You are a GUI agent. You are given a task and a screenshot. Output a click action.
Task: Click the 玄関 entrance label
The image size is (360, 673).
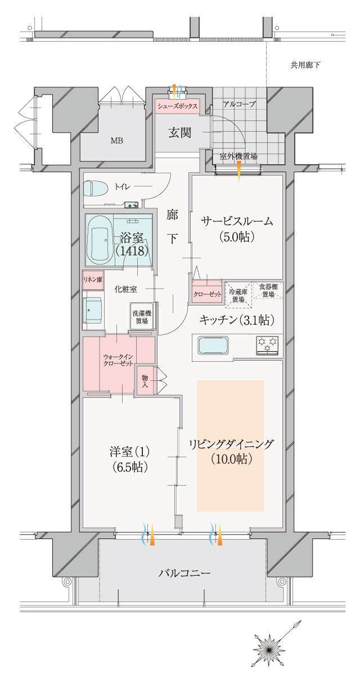click(x=179, y=133)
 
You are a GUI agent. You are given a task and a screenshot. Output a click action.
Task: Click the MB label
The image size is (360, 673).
click(x=116, y=140)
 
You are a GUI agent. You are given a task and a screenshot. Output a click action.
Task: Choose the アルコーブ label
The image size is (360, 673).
click(x=239, y=104)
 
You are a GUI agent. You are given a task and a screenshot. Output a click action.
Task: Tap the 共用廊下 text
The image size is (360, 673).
click(x=305, y=65)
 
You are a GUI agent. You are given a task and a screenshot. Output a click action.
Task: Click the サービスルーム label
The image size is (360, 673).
click(x=237, y=221)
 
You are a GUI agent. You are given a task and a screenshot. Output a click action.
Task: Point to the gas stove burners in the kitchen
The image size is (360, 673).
click(x=268, y=344)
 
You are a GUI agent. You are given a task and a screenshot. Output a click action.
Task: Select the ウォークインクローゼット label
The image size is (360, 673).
click(x=118, y=360)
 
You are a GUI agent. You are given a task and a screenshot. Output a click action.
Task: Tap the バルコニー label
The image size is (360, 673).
click(x=184, y=573)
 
